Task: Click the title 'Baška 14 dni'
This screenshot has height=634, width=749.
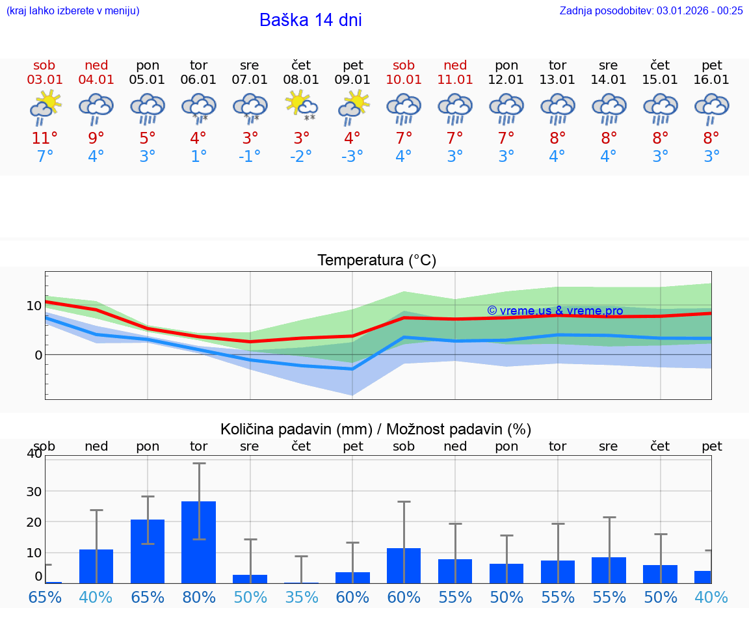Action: pyautogui.click(x=310, y=20)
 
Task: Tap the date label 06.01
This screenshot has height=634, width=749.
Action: pyautogui.click(x=198, y=79)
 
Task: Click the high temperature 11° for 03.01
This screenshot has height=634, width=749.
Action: pyautogui.click(x=45, y=139)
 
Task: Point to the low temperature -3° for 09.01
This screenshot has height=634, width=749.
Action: pyautogui.click(x=352, y=157)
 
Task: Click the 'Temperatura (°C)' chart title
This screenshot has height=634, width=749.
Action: pyautogui.click(x=376, y=260)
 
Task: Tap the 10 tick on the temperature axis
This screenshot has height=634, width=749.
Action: pyautogui.click(x=34, y=306)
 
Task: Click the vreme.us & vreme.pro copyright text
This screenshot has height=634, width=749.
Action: pyautogui.click(x=555, y=311)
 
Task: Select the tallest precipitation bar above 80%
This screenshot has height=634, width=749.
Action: pyautogui.click(x=198, y=542)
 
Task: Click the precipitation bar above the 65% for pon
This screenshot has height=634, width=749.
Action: pyautogui.click(x=148, y=551)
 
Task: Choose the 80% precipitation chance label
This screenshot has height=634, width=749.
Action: pyautogui.click(x=198, y=597)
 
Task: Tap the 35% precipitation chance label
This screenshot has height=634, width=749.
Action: pyautogui.click(x=301, y=597)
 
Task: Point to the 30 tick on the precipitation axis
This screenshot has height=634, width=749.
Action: pyautogui.click(x=34, y=492)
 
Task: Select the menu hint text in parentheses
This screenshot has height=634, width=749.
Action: pyautogui.click(x=73, y=10)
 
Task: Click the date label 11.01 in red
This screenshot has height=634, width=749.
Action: pyautogui.click(x=455, y=79)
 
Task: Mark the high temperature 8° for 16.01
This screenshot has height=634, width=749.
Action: pyautogui.click(x=711, y=139)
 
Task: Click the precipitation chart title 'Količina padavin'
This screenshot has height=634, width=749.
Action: pyautogui.click(x=376, y=429)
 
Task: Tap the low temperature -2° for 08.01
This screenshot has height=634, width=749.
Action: pyautogui.click(x=301, y=157)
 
